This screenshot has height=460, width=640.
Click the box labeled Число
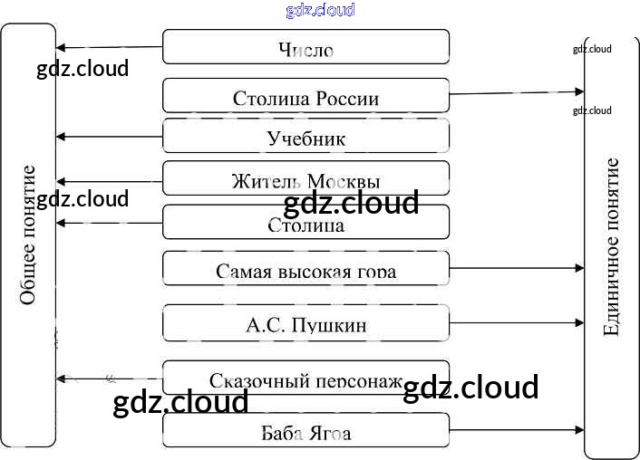click(305, 47)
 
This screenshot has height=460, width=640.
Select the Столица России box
click(305, 96)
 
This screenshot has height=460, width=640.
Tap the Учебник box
click(305, 137)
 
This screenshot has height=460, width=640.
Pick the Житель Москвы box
click(305, 178)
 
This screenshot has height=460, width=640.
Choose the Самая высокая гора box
click(305, 269)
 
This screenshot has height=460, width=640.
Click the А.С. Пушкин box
click(305, 322)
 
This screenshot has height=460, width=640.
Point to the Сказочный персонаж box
click(305, 379)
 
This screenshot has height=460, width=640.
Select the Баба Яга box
click(305, 431)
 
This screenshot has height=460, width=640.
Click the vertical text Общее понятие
click(28, 235)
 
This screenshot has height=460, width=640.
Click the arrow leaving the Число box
click(109, 47)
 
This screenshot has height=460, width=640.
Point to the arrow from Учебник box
click(109, 137)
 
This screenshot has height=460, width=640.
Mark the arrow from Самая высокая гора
click(517, 268)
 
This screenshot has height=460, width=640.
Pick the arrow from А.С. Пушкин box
click(517, 322)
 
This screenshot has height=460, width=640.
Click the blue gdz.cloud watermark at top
click(320, 10)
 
